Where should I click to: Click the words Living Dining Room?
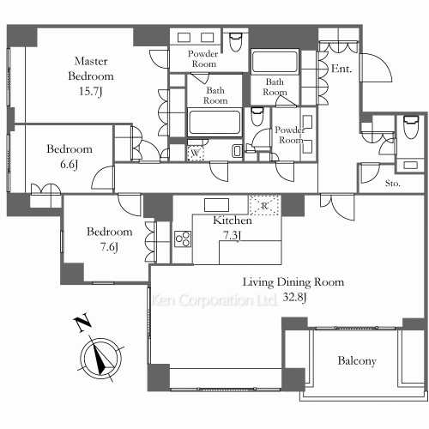coord(293,281)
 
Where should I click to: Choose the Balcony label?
coord(356,361)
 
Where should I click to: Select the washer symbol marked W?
coord(196,153)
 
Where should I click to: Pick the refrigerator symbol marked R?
coord(263,205)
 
